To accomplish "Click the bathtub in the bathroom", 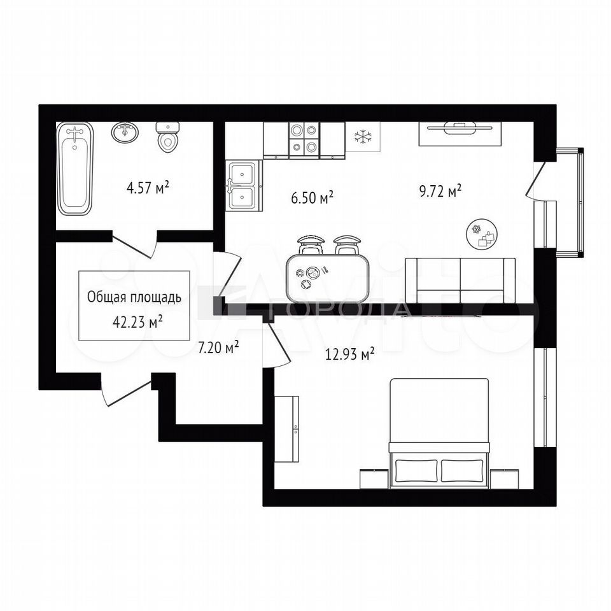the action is [x=75, y=168].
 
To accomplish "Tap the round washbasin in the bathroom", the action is [x=125, y=132].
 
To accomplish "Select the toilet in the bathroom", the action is [x=168, y=137].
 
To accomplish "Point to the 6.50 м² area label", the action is [x=312, y=198].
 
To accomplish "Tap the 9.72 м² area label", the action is [x=440, y=192].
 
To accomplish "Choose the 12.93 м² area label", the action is [x=350, y=355].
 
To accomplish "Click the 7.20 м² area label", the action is [x=218, y=348].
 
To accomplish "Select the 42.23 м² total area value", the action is [x=137, y=322].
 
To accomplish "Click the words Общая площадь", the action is [x=134, y=297].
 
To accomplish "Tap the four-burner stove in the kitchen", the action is [x=304, y=137].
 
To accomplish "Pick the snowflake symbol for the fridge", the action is [x=363, y=137].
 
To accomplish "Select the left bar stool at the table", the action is [x=311, y=244].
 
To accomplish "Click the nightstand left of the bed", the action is [x=374, y=479].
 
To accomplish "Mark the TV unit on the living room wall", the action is [x=460, y=134].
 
